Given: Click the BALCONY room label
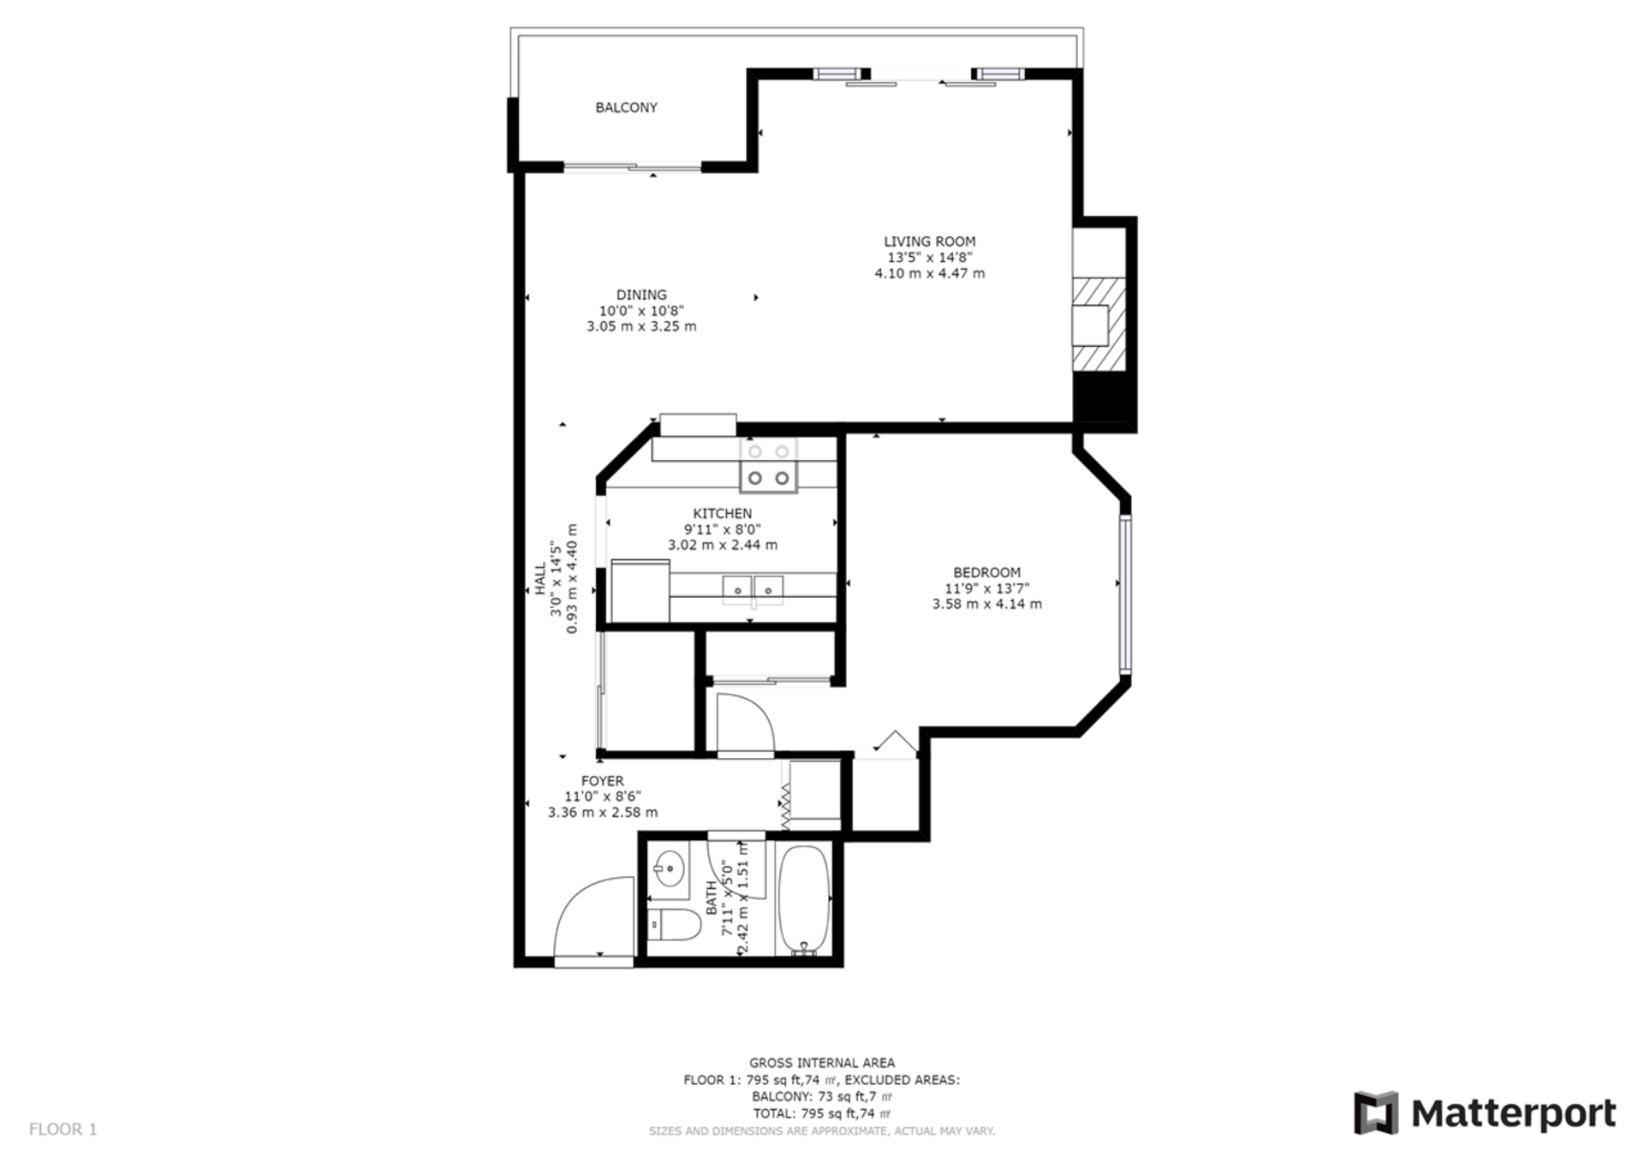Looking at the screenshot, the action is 627,108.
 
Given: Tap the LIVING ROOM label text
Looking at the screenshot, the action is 930,242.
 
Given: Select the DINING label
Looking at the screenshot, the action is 641,295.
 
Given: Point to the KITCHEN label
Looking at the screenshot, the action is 723,514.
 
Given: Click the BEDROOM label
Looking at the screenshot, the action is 987,573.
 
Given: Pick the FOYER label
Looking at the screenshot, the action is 603,782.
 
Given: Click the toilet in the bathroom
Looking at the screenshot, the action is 675,925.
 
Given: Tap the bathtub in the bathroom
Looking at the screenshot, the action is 804,901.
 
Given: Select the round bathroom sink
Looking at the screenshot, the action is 669,870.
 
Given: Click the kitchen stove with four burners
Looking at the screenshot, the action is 769,466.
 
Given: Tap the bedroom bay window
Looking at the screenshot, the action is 1126,595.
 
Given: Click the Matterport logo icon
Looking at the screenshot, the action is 1376,1113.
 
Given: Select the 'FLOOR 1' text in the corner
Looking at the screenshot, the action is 63,1130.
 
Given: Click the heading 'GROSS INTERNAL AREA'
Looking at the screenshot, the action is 822,1064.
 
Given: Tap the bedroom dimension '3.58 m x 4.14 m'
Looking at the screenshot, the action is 987,605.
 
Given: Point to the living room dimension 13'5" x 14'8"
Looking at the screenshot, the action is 930,258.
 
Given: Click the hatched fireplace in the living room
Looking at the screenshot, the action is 1099,325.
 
